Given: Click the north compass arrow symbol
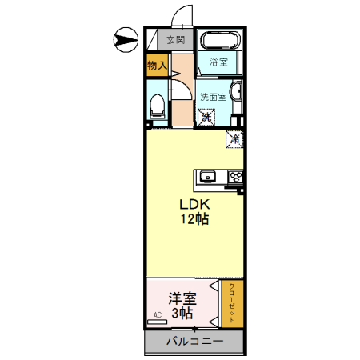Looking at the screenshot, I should tap(126, 37).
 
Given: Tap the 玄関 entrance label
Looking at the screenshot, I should tap(176, 39).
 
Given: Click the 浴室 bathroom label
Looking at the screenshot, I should tap(218, 62).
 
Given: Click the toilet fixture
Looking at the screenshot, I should tap(158, 103).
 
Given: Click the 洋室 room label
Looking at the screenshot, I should tap(182, 298).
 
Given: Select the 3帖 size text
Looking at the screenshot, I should tap(182, 314).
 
